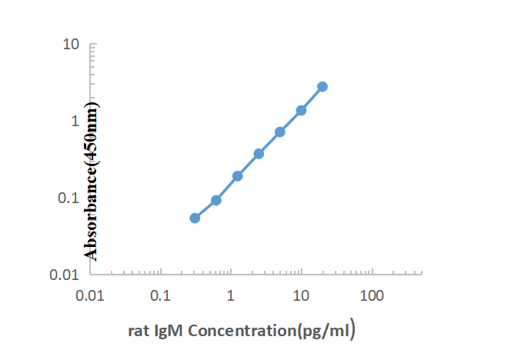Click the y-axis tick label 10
(72, 44)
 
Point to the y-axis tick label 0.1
(70, 198)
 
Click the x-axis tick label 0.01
(90, 295)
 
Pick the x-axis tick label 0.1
(160, 295)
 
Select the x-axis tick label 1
(231, 295)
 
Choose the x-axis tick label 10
(302, 295)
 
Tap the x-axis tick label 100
(372, 295)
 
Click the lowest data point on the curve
(195, 218)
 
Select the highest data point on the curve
(322, 86)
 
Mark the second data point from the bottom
(216, 200)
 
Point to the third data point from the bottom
(238, 175)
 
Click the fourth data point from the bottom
(259, 153)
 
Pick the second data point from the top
(301, 110)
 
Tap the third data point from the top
(280, 132)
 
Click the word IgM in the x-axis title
(169, 332)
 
